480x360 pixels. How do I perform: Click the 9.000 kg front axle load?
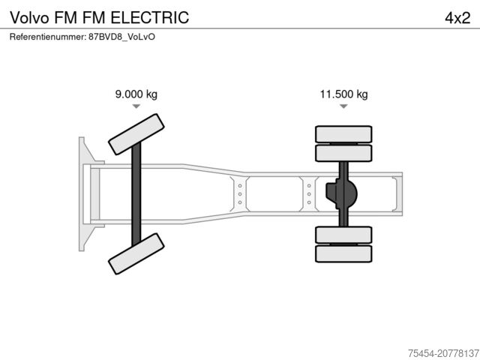point(136,94)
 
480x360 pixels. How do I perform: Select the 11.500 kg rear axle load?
point(343,94)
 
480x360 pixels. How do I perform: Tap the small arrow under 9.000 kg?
point(136,107)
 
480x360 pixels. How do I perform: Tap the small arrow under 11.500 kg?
point(343,107)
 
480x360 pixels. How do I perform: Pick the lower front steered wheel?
point(136,253)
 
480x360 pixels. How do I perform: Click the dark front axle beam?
point(136,193)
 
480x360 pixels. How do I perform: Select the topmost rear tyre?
point(343,134)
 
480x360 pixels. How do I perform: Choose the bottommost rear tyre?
point(343,253)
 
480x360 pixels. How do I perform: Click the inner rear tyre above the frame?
point(343,154)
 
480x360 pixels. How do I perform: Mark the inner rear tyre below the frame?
point(343,234)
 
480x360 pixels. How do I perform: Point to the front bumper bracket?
point(85,193)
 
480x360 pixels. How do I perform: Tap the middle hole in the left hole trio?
point(239,193)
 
